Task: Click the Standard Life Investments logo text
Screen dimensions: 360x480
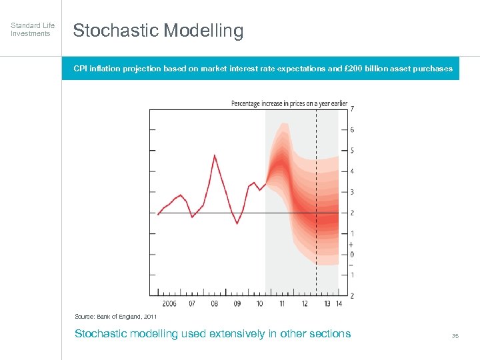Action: click(32, 29)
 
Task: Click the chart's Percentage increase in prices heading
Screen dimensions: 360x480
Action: click(289, 103)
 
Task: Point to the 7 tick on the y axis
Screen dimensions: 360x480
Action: click(352, 109)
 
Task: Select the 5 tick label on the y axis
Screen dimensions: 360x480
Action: click(352, 151)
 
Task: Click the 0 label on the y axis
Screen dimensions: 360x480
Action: click(352, 255)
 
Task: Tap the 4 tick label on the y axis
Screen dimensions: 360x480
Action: click(352, 171)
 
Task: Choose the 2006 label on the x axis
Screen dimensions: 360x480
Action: click(169, 303)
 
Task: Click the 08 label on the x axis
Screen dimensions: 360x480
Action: click(214, 303)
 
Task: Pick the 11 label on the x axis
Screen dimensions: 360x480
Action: click(282, 303)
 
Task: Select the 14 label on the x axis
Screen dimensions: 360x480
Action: click(339, 303)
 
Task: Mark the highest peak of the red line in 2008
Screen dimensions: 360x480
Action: click(214, 155)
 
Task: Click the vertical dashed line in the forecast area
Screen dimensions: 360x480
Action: click(316, 200)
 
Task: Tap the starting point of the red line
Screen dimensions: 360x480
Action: click(158, 214)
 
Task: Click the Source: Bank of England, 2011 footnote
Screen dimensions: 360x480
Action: click(115, 317)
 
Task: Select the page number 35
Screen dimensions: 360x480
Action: click(455, 336)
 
